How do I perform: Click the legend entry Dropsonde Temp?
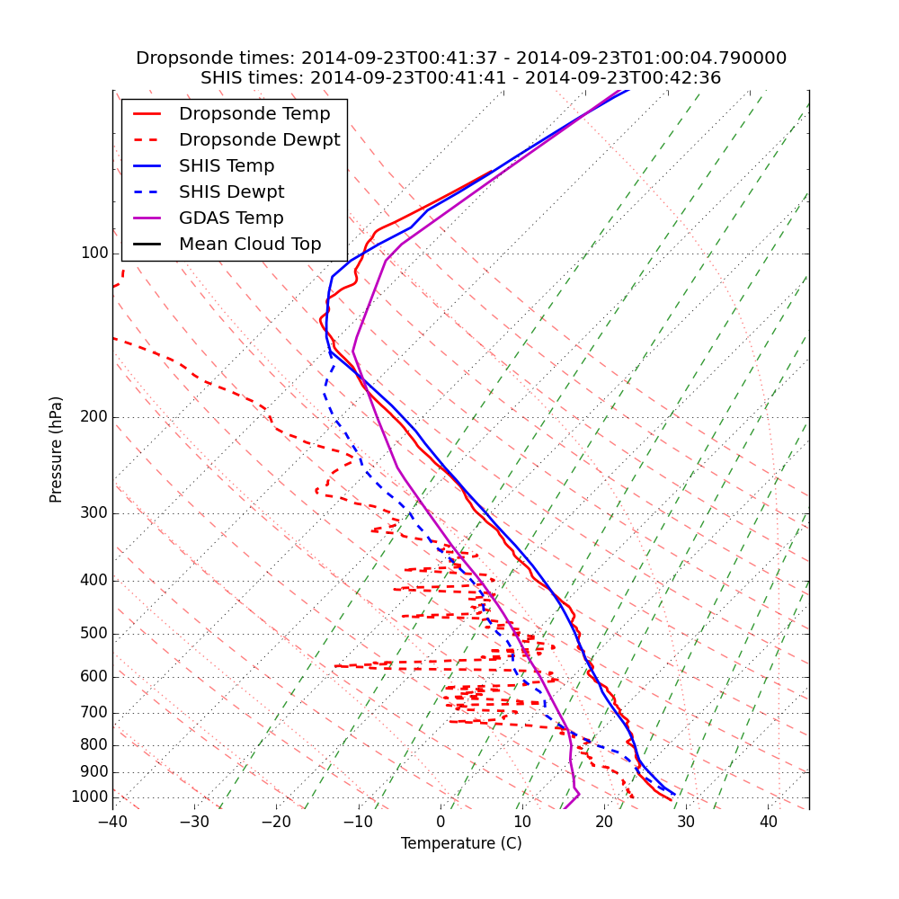(254, 114)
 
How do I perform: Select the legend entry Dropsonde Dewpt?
(259, 140)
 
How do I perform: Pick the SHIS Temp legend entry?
(227, 166)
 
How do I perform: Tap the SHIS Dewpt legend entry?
(231, 192)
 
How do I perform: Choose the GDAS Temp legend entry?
(231, 218)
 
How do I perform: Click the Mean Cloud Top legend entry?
(250, 245)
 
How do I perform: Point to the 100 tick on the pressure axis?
(93, 254)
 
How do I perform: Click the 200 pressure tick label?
(93, 417)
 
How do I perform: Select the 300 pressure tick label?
(93, 513)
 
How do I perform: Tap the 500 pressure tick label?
(93, 634)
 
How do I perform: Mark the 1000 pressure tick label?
(89, 797)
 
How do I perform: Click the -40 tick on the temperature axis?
(112, 823)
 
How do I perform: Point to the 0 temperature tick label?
(441, 823)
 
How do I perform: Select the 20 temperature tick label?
(604, 823)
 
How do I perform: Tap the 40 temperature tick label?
(768, 823)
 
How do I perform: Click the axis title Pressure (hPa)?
(57, 449)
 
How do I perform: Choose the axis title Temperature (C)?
(461, 843)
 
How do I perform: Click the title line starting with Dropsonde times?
(461, 58)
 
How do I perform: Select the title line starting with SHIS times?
(461, 78)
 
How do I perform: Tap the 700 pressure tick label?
(93, 713)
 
